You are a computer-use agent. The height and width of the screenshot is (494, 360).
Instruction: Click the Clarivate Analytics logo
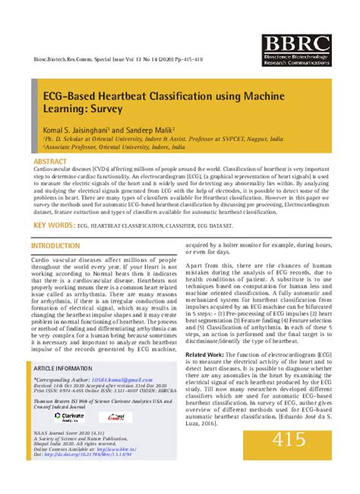[71, 417]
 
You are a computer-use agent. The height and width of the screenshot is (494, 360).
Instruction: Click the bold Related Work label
[205, 354]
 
